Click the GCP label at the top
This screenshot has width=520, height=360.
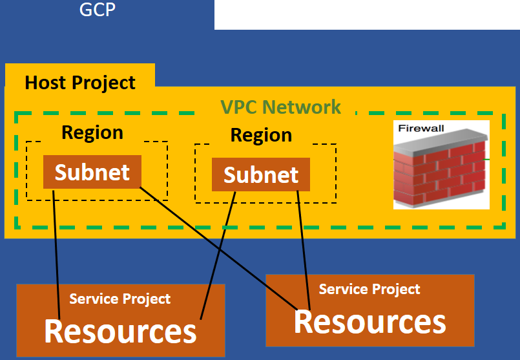[98, 9]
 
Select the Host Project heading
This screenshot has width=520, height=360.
[80, 83]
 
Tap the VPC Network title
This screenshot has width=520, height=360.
[280, 107]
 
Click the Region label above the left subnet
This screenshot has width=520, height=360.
[92, 132]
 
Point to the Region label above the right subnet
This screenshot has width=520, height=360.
[261, 135]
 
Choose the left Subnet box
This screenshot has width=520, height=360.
[92, 172]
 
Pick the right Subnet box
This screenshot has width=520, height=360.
[261, 175]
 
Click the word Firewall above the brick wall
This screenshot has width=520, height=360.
[421, 129]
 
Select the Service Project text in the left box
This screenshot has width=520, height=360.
[120, 299]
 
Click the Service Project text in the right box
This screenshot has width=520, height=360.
[369, 290]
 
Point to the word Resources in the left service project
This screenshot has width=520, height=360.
[120, 331]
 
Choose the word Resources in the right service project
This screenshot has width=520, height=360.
[370, 321]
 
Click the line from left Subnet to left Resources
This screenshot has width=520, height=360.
[56, 255]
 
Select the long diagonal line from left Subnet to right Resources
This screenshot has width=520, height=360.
[219, 249]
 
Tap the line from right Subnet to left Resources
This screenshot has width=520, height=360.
[218, 255]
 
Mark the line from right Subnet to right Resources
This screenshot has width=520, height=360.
[304, 251]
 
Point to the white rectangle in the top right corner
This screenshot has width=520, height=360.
[367, 15]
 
